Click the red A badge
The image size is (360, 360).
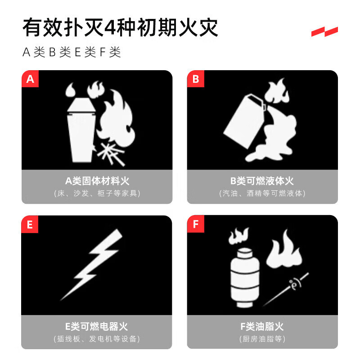coord(30,80)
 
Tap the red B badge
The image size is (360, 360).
coord(195,80)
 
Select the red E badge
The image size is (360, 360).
coord(30,225)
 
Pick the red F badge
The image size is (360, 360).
coord(195,225)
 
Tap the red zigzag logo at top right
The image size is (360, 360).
coord(324,32)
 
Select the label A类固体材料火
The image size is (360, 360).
coord(97,181)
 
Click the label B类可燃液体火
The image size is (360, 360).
coord(262,181)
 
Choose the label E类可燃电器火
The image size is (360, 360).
coord(97,327)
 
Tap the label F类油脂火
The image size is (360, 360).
coord(262,327)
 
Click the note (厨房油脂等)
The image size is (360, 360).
coord(262,339)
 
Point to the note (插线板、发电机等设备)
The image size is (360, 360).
coord(97,339)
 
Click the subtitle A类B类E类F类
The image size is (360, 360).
coord(72,52)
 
